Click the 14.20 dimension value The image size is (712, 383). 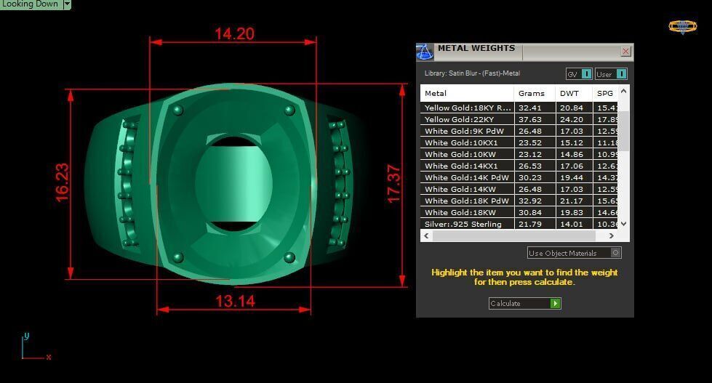pyautogui.click(x=233, y=33)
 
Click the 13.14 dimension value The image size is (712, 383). pyautogui.click(x=234, y=301)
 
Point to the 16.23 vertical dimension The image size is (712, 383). pyautogui.click(x=62, y=182)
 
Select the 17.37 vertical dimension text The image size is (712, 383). pyautogui.click(x=393, y=184)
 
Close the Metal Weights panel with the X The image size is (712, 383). pyautogui.click(x=625, y=52)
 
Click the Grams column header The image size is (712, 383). pyautogui.click(x=531, y=93)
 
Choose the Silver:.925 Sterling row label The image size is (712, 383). pyautogui.click(x=463, y=224)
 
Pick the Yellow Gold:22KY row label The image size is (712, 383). pyautogui.click(x=458, y=119)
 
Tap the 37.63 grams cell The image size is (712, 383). pyautogui.click(x=530, y=119)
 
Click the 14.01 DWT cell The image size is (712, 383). pyautogui.click(x=569, y=224)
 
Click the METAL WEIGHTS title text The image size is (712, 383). pyautogui.click(x=476, y=49)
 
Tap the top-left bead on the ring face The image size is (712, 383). pyautogui.click(x=177, y=110)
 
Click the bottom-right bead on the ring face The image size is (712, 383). pyautogui.click(x=289, y=257)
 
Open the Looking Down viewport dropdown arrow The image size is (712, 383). pyautogui.click(x=67, y=4)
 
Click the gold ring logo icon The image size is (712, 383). pyautogui.click(x=682, y=27)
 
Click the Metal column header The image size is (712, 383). pyautogui.click(x=436, y=93)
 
